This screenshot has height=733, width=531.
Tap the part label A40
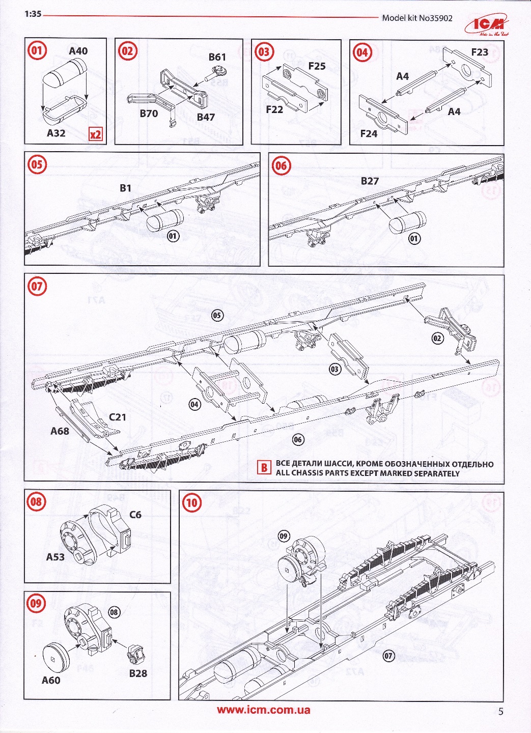tap(78, 51)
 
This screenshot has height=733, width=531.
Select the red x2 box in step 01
tap(95, 134)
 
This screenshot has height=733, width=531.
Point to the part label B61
tap(217, 57)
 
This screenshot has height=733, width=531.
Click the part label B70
tap(149, 114)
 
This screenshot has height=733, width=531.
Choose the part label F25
tap(317, 66)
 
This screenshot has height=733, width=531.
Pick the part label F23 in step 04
tap(480, 52)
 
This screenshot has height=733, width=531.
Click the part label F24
tap(369, 133)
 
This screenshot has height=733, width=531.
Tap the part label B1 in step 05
tap(125, 188)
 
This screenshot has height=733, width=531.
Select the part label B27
tap(370, 181)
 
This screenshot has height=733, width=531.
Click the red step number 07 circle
tap(37, 286)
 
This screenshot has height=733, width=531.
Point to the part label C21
tap(118, 417)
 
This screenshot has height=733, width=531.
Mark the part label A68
tap(60, 431)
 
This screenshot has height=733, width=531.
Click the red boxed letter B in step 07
tap(264, 467)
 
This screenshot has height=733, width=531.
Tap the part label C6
tap(135, 515)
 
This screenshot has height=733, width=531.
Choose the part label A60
tap(51, 680)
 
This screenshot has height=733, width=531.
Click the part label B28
tap(138, 673)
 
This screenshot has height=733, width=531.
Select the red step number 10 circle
tap(191, 503)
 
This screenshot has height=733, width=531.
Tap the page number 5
tap(500, 712)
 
